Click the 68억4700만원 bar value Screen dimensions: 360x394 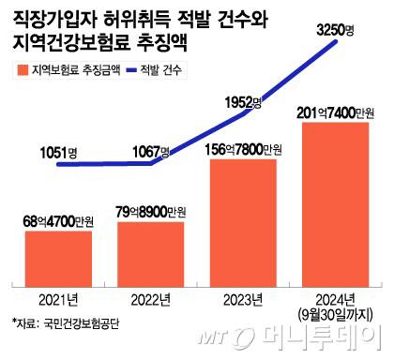[x=59, y=221]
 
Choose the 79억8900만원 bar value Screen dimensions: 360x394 [x=150, y=210]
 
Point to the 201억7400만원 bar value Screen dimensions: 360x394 [x=334, y=113]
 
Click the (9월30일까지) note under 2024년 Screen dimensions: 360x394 [x=334, y=312]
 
